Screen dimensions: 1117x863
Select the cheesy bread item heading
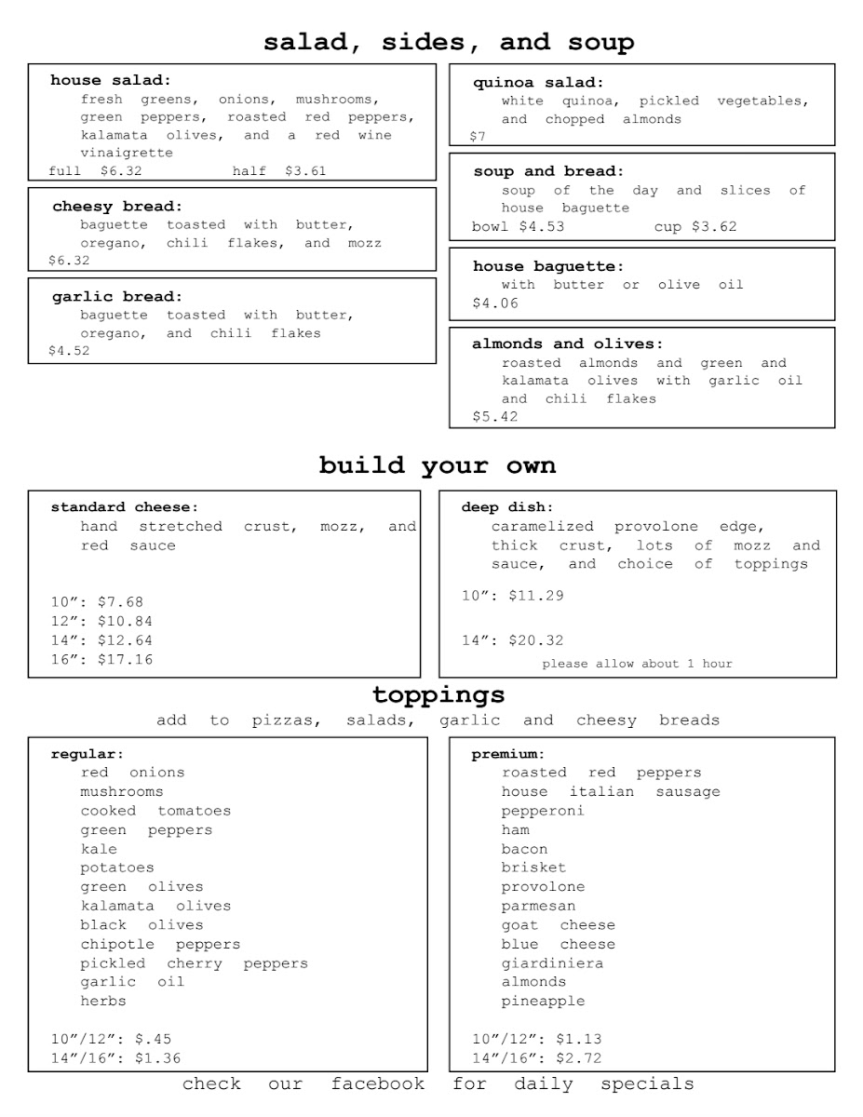click(x=117, y=207)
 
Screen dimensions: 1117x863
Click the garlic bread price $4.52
click(x=69, y=352)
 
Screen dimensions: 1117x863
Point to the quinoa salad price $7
click(x=478, y=137)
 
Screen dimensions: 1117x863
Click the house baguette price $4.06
click(x=495, y=303)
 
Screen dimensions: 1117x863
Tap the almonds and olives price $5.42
click(x=495, y=417)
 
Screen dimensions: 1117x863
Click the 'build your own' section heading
click(x=437, y=465)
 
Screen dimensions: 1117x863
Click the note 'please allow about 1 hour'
click(x=637, y=664)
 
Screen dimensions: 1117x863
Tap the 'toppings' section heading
click(x=438, y=695)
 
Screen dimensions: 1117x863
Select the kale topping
click(x=99, y=849)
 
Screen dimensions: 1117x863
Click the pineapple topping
click(x=544, y=1001)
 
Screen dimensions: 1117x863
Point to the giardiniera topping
click(x=552, y=962)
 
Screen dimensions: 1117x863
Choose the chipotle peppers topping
click(x=160, y=944)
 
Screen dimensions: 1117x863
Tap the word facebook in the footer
click(x=378, y=1083)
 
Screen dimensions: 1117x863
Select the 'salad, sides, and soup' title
click(x=449, y=43)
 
